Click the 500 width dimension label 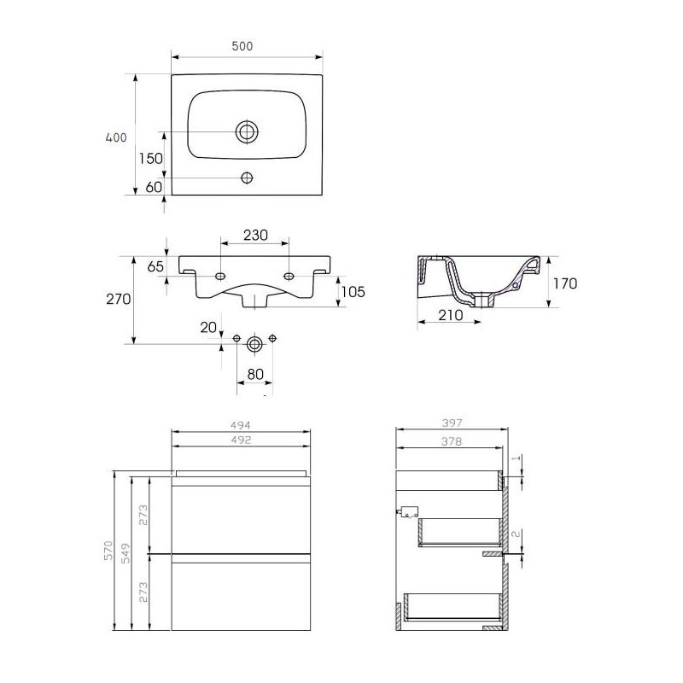[242, 46]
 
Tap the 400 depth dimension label [116, 137]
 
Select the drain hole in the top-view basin [247, 131]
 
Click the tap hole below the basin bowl [247, 178]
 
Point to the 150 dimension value [151, 158]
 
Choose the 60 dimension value [154, 187]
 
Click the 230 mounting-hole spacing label [255, 236]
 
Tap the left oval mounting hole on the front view [220, 276]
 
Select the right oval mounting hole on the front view [289, 276]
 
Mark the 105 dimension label [353, 292]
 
